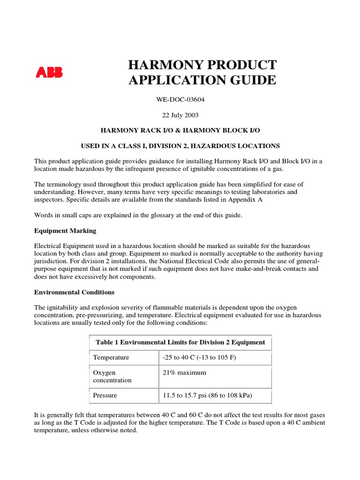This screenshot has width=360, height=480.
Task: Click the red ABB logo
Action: (x=49, y=73)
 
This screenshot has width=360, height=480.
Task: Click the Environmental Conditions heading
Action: (x=74, y=292)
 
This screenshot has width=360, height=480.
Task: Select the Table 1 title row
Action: (x=180, y=342)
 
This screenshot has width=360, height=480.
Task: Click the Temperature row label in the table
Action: (x=111, y=357)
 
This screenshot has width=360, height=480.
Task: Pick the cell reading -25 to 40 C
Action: (x=199, y=357)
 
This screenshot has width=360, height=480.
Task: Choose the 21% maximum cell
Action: (x=184, y=373)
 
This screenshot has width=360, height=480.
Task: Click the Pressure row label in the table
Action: (x=105, y=395)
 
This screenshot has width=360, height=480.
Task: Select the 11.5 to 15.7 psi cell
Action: (x=207, y=395)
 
